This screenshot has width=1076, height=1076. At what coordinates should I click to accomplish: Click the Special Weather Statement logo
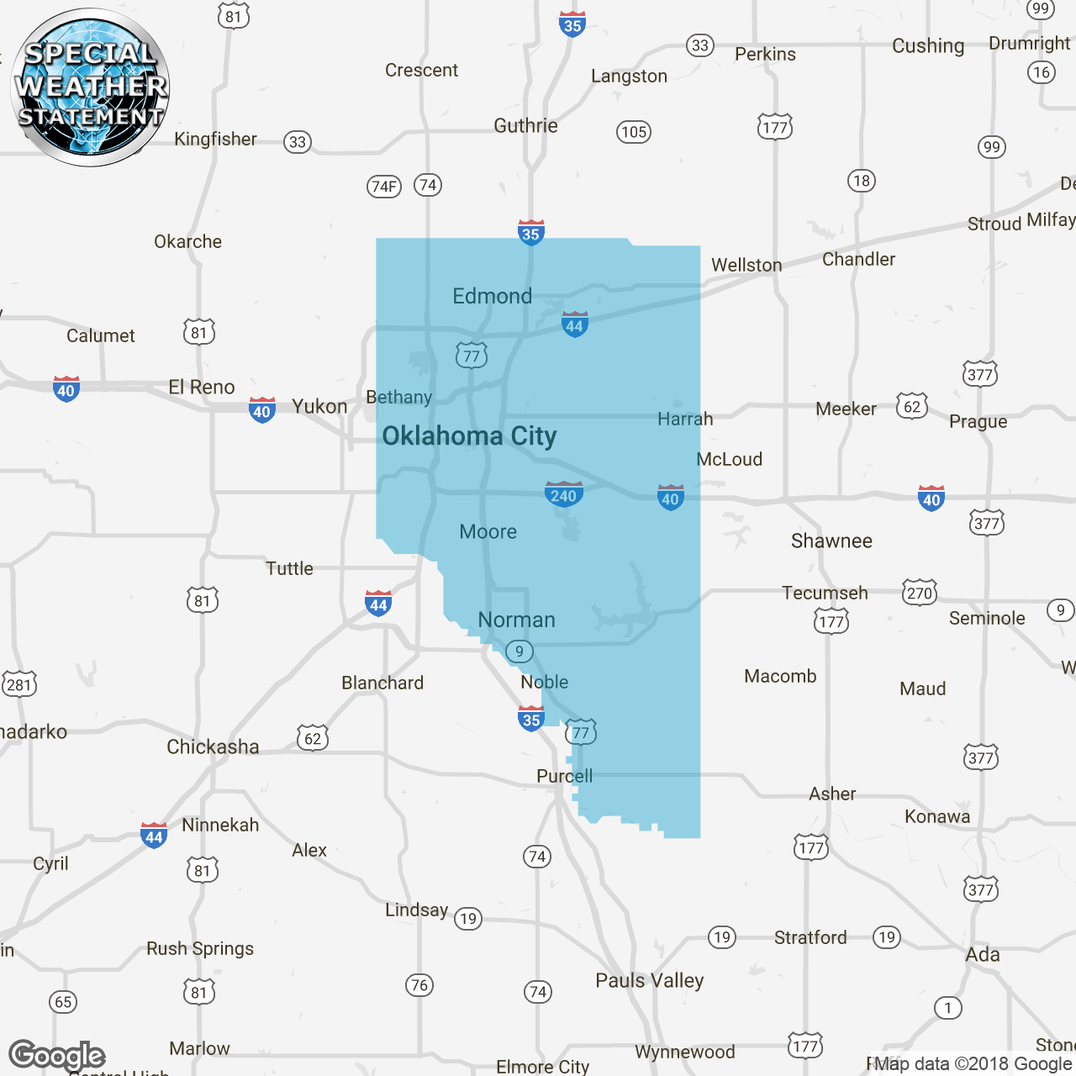[x=90, y=87]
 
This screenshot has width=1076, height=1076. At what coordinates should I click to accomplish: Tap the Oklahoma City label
[x=469, y=436]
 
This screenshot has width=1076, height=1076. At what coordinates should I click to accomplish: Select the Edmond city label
[x=492, y=296]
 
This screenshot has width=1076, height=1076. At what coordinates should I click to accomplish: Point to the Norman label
[x=516, y=620]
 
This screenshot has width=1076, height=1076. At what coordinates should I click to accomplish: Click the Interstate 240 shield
[x=563, y=494]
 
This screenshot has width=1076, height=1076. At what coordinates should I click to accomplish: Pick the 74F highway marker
[x=384, y=186]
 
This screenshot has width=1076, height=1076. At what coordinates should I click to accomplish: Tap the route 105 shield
[x=634, y=131]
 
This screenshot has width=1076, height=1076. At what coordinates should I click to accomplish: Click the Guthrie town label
[x=525, y=126]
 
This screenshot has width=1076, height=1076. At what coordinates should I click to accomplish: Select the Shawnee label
[x=831, y=541]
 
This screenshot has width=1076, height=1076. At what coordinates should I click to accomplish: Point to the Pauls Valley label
[x=649, y=980]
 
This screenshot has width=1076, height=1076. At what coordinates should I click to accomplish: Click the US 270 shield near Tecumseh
[x=919, y=593]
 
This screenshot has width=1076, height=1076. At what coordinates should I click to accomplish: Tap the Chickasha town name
[x=213, y=746]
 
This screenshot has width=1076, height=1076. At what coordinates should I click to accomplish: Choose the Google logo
[x=57, y=1055]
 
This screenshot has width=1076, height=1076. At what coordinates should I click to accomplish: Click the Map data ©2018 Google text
[x=972, y=1063]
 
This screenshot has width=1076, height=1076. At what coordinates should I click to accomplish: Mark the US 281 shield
[x=18, y=684]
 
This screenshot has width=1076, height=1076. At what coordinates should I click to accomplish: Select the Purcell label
[x=564, y=776]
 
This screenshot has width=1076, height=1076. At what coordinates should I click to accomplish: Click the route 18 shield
[x=862, y=181]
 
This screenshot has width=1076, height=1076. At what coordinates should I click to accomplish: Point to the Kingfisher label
[x=215, y=140]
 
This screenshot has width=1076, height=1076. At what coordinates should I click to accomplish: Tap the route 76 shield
[x=419, y=985]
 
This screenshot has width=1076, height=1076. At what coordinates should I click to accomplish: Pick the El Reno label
[x=202, y=388]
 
